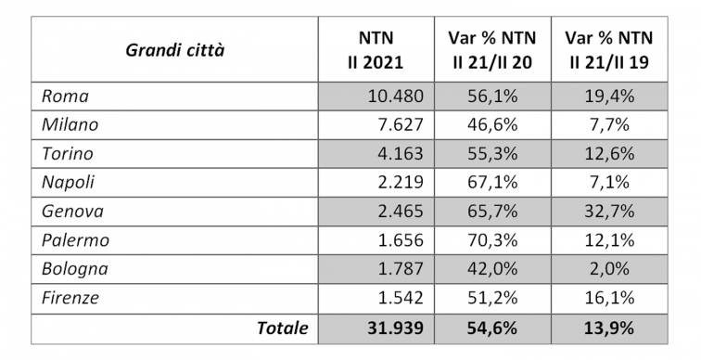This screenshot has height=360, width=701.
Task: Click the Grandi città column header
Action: (174, 50)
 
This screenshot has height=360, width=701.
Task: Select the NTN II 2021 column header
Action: (376, 50)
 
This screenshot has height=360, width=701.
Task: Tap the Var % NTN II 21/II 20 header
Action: (492, 50)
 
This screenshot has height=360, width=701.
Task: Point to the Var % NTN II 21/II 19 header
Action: (609, 50)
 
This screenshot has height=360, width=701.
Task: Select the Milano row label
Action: (70, 123)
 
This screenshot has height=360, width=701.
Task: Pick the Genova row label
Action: (72, 212)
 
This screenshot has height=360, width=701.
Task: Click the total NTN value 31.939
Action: (393, 328)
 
